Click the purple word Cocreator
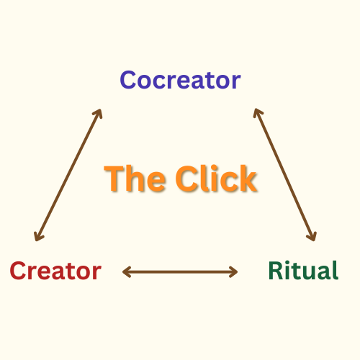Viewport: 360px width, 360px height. click(180, 80)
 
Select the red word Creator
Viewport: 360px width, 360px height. click(55, 271)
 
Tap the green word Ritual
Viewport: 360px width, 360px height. click(303, 270)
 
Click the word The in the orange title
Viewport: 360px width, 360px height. click(135, 179)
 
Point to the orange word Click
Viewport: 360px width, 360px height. click(216, 178)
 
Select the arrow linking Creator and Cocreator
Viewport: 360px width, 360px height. click(68, 175)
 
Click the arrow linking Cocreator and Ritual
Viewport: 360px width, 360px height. click(285, 174)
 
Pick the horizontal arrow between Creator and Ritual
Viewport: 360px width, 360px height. click(180, 272)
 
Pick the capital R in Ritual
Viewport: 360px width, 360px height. click(275, 271)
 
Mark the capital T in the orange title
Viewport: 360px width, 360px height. click(114, 179)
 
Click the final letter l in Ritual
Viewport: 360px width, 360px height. click(336, 270)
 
